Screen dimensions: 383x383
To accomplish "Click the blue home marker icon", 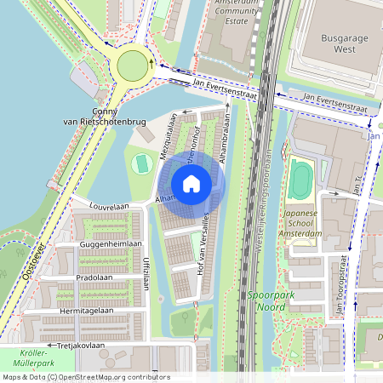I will click(x=191, y=184).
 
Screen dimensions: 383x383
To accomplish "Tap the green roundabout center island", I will click(x=133, y=65).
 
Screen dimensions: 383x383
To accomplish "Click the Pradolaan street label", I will click(x=93, y=277).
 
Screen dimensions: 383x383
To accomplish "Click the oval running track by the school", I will click(x=300, y=180).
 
